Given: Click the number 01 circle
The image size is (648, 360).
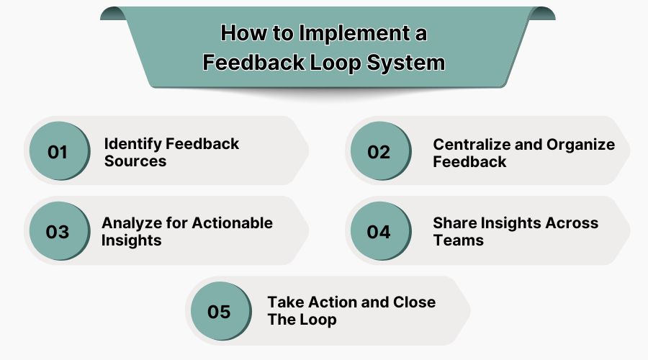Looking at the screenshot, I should click(58, 151).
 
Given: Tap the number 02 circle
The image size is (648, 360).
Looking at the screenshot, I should click(379, 151).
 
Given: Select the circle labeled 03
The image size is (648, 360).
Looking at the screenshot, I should click(58, 232).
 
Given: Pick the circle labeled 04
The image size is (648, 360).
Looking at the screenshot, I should click(379, 232).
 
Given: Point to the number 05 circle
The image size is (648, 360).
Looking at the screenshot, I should click(219, 311).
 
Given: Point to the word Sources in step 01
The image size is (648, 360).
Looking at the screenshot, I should click(135, 161).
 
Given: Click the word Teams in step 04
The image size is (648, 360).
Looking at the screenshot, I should click(459, 240).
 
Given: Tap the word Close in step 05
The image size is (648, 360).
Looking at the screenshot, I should click(413, 302).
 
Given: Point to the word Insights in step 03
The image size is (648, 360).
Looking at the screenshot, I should click(132, 240).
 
